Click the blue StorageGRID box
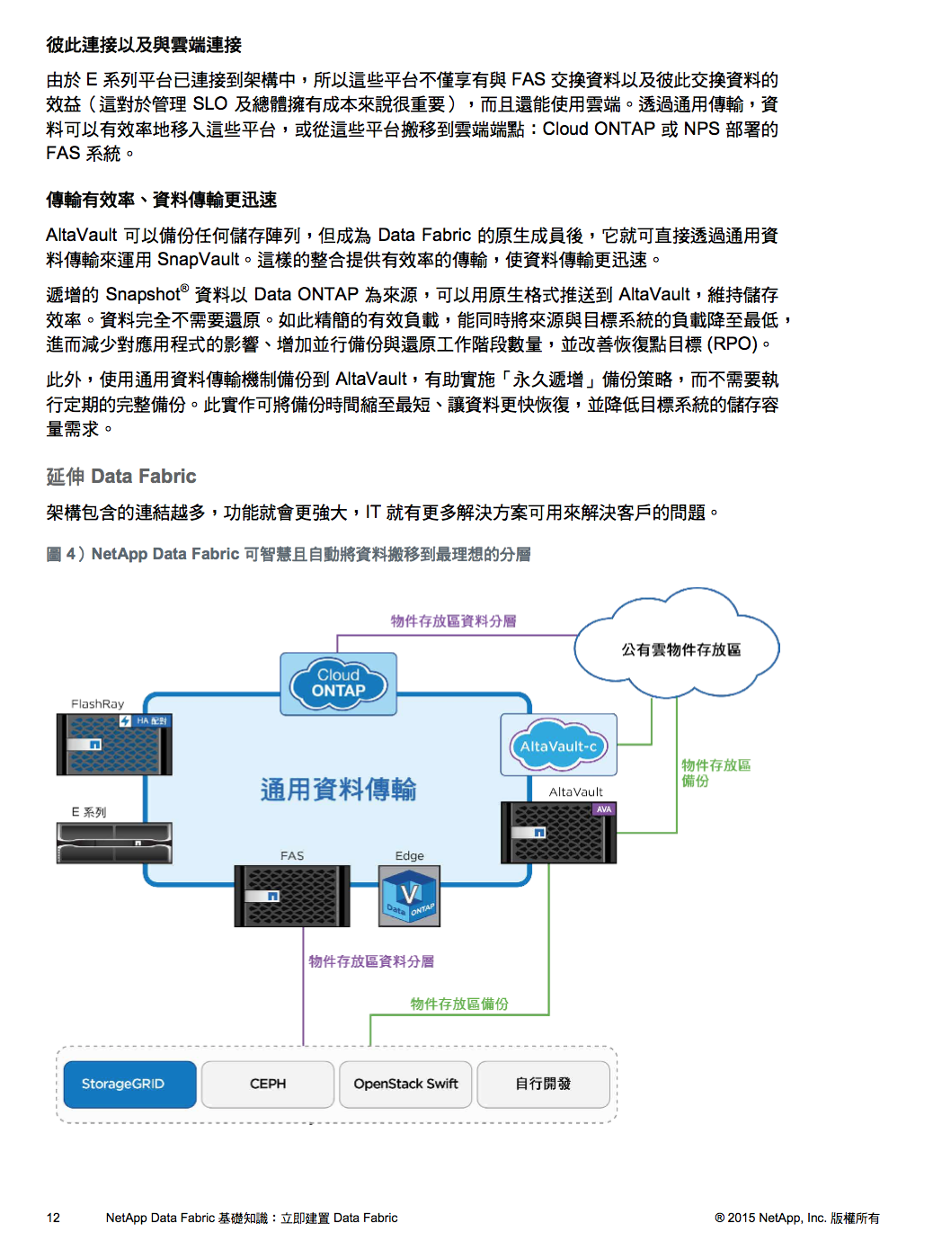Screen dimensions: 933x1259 [x=129, y=1084]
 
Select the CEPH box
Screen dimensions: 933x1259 [x=267, y=1084]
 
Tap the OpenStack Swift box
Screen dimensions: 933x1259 [x=405, y=1084]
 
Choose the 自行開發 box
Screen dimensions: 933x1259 [x=543, y=1084]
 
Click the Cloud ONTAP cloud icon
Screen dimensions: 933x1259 [x=338, y=683]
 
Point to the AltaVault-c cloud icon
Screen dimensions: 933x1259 [x=558, y=745]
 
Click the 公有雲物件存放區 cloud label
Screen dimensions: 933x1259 [x=680, y=648]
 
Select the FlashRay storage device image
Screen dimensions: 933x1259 [x=114, y=744]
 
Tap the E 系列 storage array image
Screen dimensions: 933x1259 [x=114, y=843]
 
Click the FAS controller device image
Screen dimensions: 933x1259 [x=292, y=896]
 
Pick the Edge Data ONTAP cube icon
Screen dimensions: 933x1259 [x=409, y=896]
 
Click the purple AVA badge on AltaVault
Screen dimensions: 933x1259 [x=603, y=808]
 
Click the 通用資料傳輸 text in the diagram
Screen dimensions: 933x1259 [x=338, y=789]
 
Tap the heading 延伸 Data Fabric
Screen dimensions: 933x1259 [x=120, y=476]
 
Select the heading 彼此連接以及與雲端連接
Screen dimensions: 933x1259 [x=144, y=44]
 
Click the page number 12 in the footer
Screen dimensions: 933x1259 [x=53, y=1217]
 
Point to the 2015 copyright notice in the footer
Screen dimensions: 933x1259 [x=796, y=1217]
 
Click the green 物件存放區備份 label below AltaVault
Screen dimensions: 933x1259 [x=459, y=1004]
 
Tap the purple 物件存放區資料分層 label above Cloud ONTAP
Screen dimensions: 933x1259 [x=453, y=621]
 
